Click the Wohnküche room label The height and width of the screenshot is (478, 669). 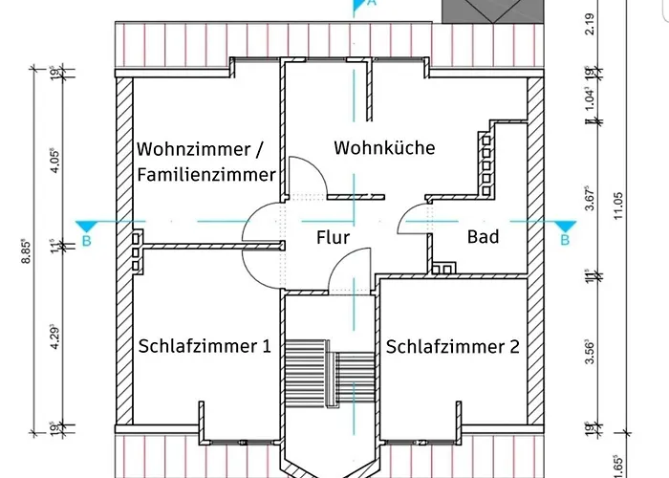(x=383, y=148)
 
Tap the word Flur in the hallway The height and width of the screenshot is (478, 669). (x=333, y=237)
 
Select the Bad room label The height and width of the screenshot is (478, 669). (x=483, y=236)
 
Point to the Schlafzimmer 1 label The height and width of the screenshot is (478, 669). (x=205, y=346)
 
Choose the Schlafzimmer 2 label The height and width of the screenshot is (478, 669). (x=453, y=346)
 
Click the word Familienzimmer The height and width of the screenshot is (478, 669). (x=206, y=175)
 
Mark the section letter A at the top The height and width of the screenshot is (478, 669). (x=374, y=4)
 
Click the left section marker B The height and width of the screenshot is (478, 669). (x=86, y=241)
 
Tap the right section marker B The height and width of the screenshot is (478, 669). (x=565, y=240)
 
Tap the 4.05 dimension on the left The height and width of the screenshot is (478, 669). (x=54, y=158)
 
